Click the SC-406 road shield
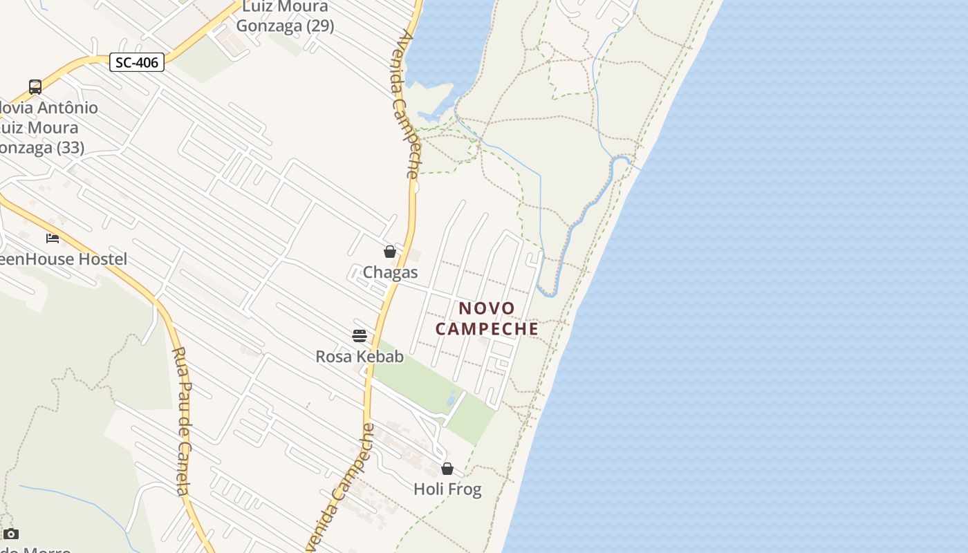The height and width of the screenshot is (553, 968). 137,62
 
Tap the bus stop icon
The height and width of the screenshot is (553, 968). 35,87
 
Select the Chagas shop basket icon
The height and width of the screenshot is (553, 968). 390,252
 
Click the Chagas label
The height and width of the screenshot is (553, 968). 390,272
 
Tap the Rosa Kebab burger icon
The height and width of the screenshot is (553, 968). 360,336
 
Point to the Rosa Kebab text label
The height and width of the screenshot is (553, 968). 360,357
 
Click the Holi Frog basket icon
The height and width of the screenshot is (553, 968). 447,469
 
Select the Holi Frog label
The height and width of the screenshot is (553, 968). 447,489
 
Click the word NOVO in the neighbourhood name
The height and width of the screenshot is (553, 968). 487,308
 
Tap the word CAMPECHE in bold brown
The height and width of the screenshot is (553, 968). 487,329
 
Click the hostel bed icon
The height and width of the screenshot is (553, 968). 53,238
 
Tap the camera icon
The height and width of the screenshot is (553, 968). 11,534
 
